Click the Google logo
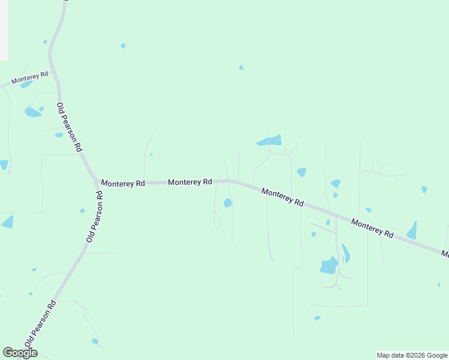20,353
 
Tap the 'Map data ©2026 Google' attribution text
412,355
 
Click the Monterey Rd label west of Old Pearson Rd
29,78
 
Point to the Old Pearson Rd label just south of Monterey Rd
94,217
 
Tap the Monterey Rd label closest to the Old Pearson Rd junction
123,183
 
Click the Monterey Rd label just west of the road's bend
190,181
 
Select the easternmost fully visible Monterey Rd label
372,228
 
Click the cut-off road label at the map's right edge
445,254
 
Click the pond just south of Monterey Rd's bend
228,203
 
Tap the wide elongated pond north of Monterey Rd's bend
270,141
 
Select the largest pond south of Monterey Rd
329,265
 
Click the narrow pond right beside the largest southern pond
345,253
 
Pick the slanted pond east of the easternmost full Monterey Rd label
412,230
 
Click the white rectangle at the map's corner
4,30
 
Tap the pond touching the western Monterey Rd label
25,85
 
